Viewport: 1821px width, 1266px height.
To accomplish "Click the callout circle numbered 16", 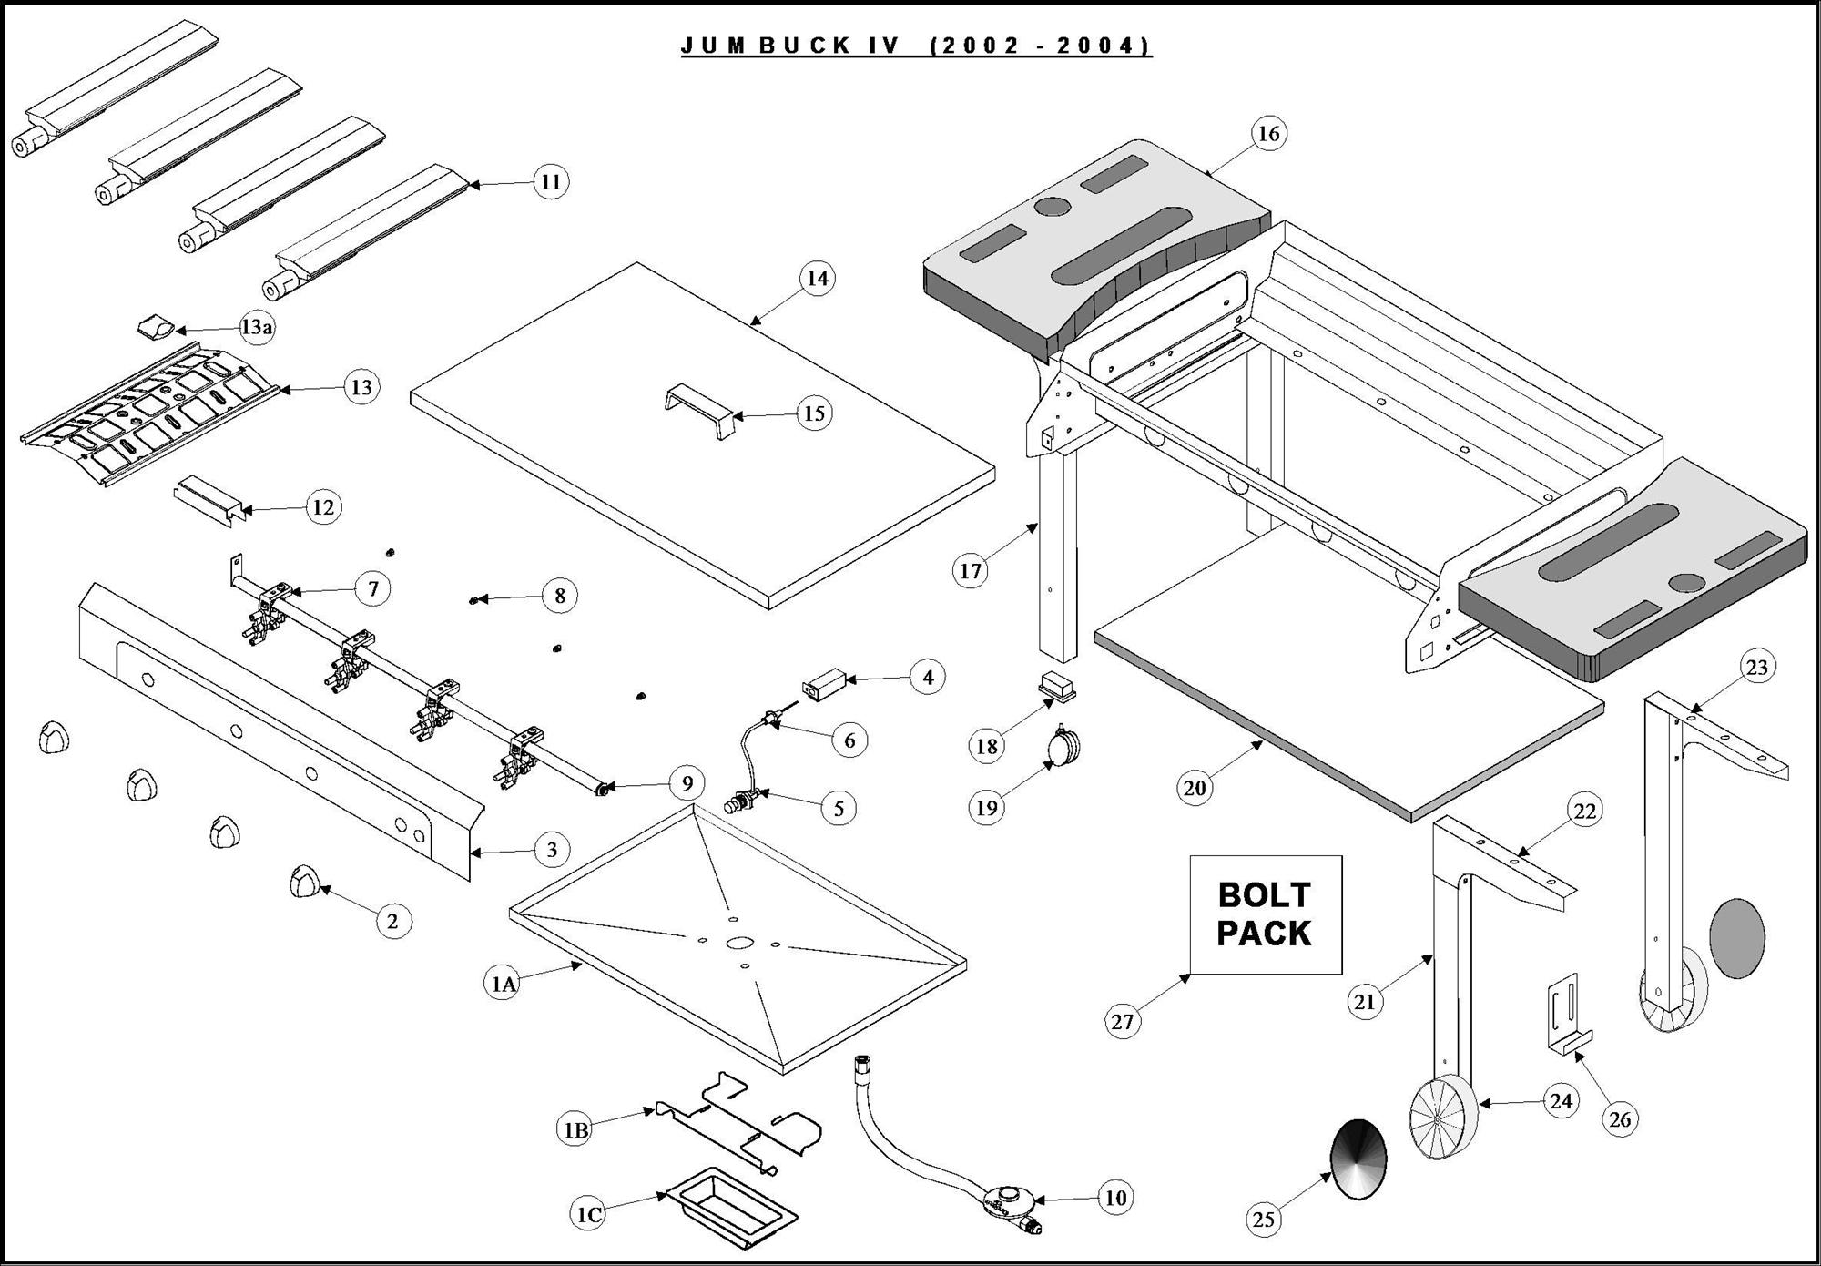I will pyautogui.click(x=1268, y=134).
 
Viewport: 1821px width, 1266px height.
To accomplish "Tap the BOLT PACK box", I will pyautogui.click(x=1265, y=914).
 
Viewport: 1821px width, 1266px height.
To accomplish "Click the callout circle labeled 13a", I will pyautogui.click(x=256, y=326).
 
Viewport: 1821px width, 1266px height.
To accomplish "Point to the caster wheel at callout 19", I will pyautogui.click(x=1063, y=749).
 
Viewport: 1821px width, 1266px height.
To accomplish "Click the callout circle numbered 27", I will pyautogui.click(x=1123, y=1021).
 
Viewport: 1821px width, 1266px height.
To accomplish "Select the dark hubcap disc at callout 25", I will pyautogui.click(x=1358, y=1159).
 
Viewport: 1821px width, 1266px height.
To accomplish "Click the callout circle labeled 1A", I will pyautogui.click(x=504, y=984).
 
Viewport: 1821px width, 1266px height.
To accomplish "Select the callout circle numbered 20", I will pyautogui.click(x=1194, y=787).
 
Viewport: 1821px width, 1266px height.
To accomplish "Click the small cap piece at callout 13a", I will pyautogui.click(x=154, y=326).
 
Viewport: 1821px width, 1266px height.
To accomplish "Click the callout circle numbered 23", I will pyautogui.click(x=1756, y=668).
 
